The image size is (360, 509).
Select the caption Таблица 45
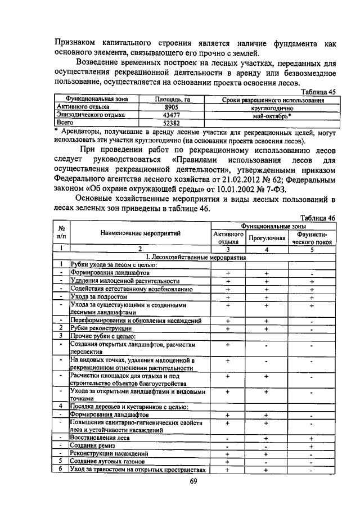click(x=319, y=92)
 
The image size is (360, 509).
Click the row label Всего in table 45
click(x=66, y=122)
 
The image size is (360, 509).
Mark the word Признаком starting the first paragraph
click(x=77, y=43)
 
